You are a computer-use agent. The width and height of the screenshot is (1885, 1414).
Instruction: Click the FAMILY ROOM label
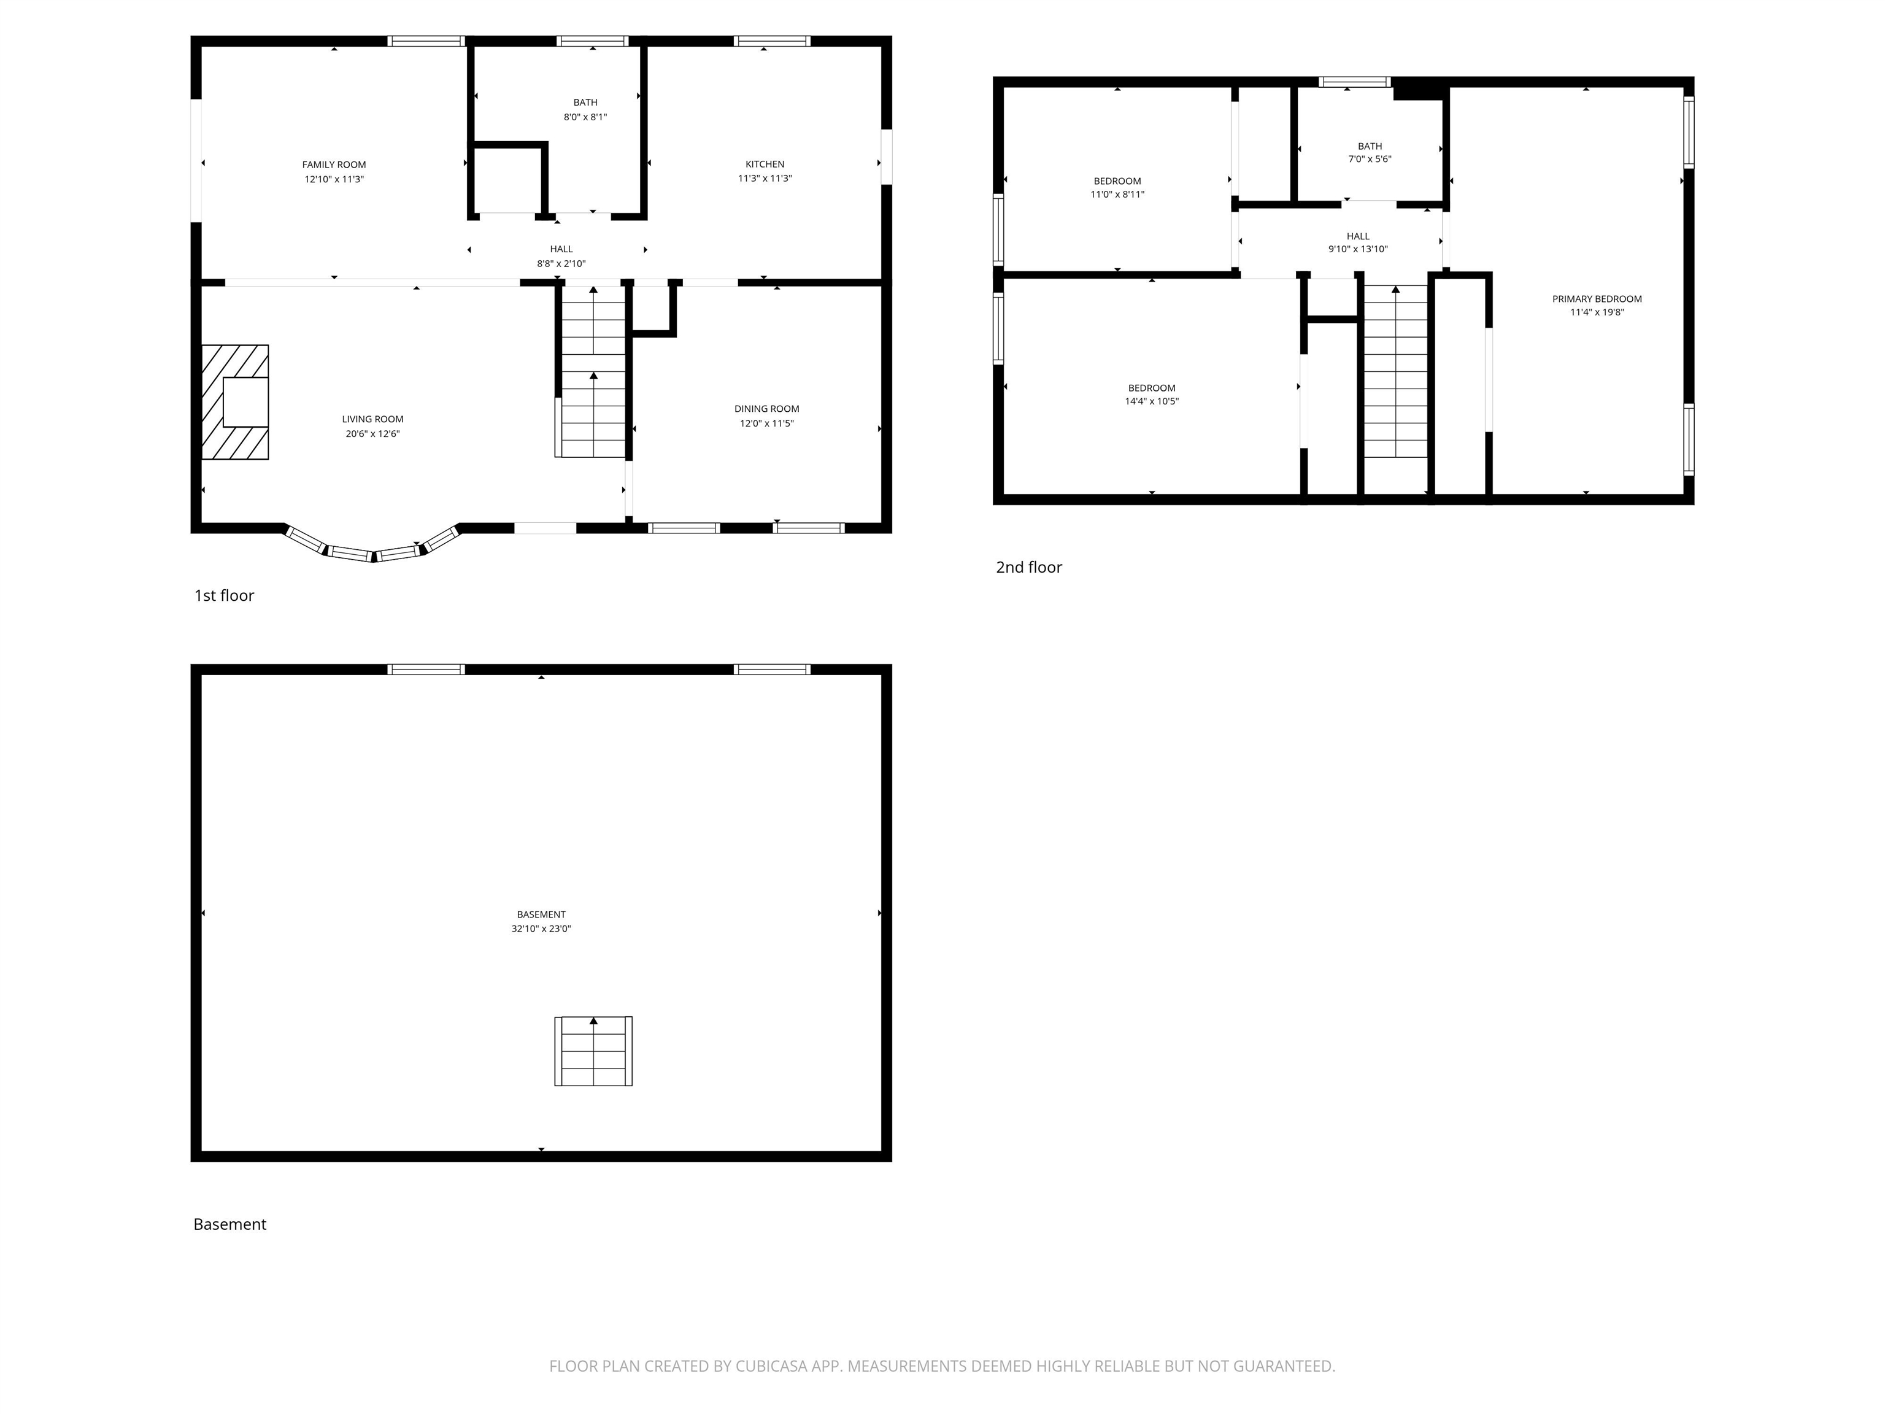tap(333, 164)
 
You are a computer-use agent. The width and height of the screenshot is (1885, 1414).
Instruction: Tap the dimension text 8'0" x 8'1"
tap(585, 117)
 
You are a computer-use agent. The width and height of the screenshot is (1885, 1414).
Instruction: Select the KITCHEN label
tap(765, 164)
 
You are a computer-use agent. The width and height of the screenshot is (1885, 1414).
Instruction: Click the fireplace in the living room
tap(235, 401)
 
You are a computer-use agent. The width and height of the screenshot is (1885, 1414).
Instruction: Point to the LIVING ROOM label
tap(372, 419)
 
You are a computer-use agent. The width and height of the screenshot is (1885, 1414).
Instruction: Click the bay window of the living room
tap(372, 550)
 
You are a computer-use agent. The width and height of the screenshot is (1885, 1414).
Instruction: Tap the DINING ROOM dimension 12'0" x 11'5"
tap(766, 423)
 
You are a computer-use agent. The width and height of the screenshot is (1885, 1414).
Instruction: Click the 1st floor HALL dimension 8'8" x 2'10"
tap(561, 263)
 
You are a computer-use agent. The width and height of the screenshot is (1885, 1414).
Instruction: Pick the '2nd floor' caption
tap(1028, 568)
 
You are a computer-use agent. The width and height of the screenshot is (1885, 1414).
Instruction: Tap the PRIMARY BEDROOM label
tap(1596, 298)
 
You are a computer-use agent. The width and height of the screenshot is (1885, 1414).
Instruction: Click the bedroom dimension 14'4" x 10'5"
tap(1151, 401)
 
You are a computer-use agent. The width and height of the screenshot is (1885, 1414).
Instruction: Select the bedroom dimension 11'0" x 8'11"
tap(1117, 195)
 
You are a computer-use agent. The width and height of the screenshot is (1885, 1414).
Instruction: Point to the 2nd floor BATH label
tap(1370, 145)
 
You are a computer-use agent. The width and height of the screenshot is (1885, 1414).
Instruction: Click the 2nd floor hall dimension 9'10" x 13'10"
tap(1357, 249)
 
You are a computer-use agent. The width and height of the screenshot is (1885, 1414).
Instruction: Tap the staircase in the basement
tap(593, 1051)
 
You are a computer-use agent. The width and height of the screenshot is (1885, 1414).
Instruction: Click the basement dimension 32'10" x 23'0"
tap(541, 928)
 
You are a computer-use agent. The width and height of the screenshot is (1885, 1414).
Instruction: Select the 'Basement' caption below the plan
tap(229, 1224)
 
